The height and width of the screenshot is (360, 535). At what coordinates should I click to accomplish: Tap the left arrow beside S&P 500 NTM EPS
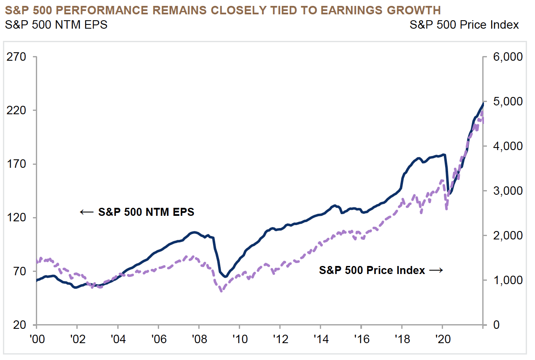86,212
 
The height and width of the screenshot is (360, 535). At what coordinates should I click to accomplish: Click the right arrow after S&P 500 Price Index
436,270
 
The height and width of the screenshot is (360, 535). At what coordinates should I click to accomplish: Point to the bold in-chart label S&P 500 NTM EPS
146,212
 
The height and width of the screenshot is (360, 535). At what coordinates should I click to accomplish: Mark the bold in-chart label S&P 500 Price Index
372,270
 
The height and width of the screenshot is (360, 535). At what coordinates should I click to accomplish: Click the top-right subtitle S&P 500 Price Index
464,25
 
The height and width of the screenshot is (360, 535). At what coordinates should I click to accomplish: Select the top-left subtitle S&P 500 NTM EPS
56,25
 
